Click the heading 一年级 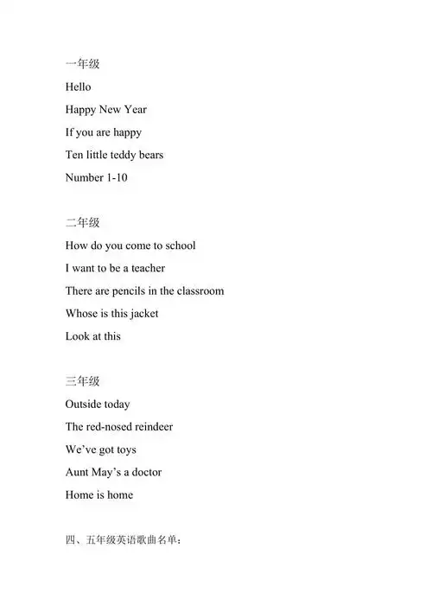[82, 64]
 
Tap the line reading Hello [78, 87]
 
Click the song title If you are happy [104, 133]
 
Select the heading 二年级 [82, 223]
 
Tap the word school [176, 245]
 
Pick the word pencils [132, 291]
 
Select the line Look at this [92, 336]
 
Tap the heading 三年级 [82, 381]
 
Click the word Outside [86, 404]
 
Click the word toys [124, 449]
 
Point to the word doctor [142, 472]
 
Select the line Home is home [99, 494]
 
